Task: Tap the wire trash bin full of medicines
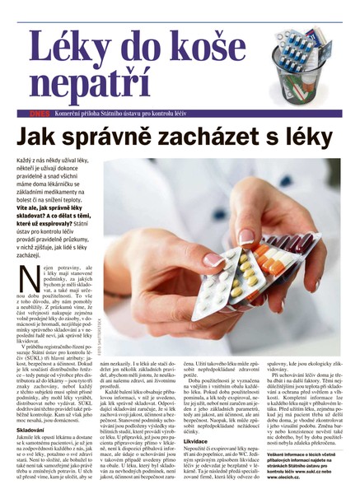click(x=309, y=58)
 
